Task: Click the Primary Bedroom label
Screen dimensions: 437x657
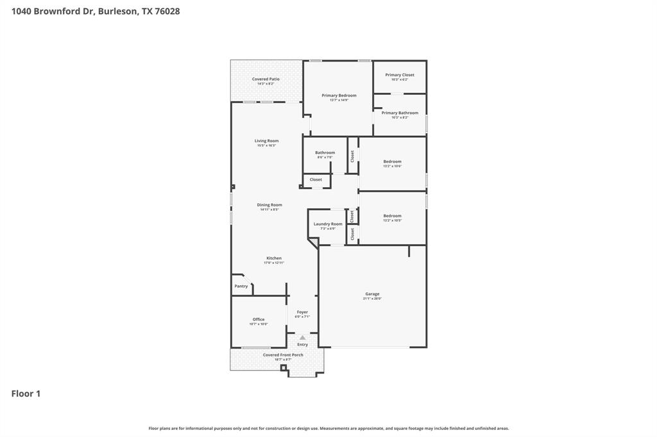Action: click(339, 95)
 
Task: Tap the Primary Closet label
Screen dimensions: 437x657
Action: click(400, 75)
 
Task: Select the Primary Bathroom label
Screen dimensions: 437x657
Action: click(400, 113)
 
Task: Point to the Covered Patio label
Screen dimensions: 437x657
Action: click(266, 79)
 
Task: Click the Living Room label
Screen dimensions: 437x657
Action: click(266, 141)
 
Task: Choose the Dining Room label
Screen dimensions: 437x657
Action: click(269, 205)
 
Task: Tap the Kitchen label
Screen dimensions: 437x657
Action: click(274, 258)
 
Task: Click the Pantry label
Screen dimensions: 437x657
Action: click(241, 286)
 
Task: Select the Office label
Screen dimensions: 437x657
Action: click(259, 319)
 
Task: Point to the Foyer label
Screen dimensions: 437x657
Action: click(302, 312)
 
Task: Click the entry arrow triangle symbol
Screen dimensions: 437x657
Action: click(303, 337)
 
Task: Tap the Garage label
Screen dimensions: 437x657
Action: click(372, 294)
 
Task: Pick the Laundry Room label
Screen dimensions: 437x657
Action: click(328, 224)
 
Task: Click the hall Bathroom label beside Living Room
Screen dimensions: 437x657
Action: click(325, 153)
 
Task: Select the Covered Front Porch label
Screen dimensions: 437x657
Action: click(283, 355)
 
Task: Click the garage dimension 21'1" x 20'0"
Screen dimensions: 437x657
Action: click(372, 299)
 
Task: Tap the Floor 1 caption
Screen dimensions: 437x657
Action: click(26, 393)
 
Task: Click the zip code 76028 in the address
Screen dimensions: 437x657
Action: click(167, 11)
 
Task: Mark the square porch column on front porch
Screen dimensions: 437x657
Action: click(284, 368)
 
